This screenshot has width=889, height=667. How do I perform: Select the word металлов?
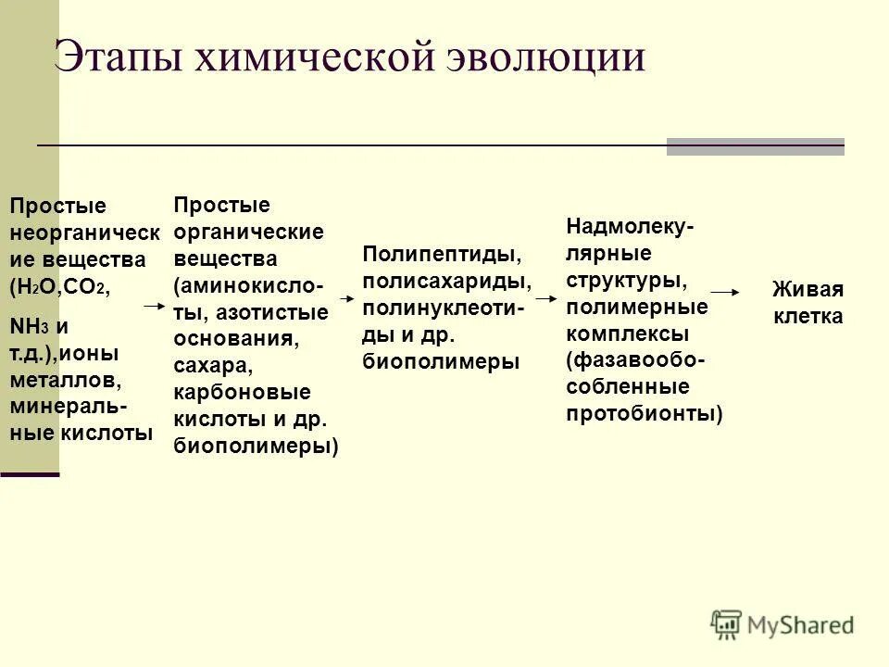click(x=65, y=380)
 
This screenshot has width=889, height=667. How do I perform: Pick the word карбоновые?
click(x=242, y=392)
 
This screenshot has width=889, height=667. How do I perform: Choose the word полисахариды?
click(x=446, y=281)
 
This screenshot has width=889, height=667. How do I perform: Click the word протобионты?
click(x=644, y=413)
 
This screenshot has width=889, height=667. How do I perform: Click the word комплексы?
click(x=626, y=333)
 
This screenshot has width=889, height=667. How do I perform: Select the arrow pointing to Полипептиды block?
click(x=347, y=299)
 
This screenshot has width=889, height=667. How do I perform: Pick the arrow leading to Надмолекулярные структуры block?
click(x=545, y=299)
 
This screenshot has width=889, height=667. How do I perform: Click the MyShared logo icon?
click(x=726, y=623)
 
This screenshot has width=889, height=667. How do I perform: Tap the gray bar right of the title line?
click(x=755, y=146)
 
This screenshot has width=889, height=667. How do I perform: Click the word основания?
click(x=235, y=338)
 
